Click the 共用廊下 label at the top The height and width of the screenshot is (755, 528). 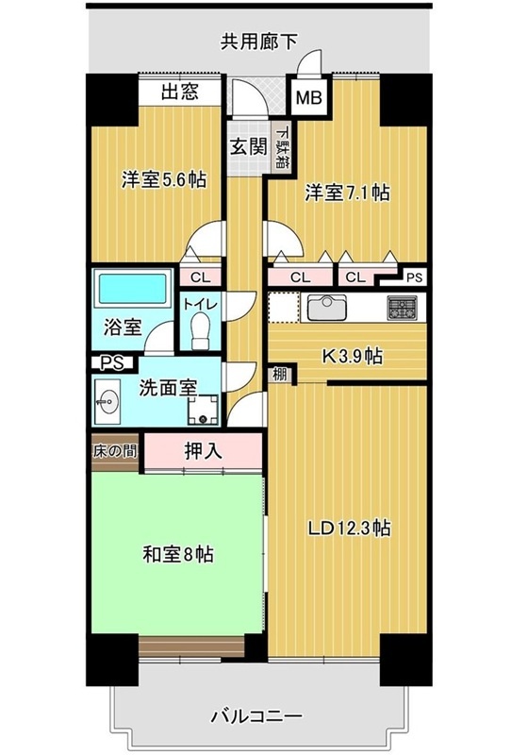(258, 42)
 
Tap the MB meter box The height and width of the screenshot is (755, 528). (308, 97)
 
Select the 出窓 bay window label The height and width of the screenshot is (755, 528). (180, 92)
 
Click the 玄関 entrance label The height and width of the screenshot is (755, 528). (248, 147)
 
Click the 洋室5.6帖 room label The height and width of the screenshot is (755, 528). (163, 180)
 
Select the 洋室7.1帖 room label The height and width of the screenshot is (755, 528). (347, 193)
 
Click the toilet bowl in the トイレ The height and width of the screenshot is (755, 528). (200, 331)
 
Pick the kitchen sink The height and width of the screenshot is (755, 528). (327, 309)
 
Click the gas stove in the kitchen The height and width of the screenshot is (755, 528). (404, 309)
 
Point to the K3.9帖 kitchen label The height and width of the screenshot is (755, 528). (353, 357)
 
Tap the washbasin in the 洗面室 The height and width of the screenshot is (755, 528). (107, 400)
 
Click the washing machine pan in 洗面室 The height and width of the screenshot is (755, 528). (203, 411)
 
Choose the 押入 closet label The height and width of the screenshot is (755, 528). (203, 451)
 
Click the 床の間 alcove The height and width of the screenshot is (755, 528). (114, 452)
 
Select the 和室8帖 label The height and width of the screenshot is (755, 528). (178, 554)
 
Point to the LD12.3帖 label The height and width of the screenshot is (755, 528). (349, 528)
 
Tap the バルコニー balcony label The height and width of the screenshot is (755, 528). (257, 716)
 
